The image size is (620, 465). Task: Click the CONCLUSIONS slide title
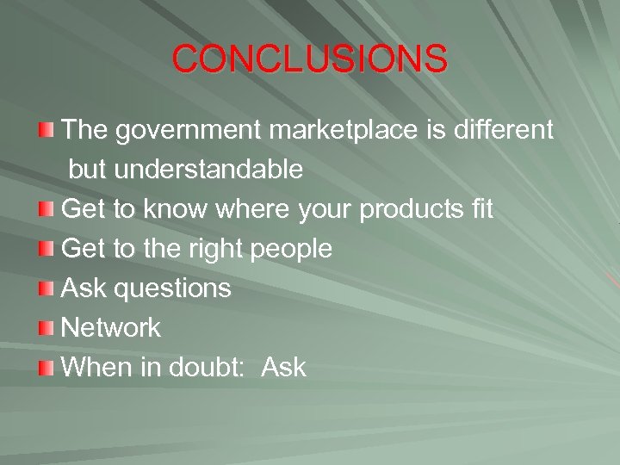tap(310, 59)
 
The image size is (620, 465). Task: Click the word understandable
tap(208, 170)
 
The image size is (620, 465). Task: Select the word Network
tap(111, 327)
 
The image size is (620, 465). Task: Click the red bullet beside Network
tap(46, 328)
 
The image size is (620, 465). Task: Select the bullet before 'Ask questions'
tap(46, 288)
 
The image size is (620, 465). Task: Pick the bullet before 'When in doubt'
tap(46, 368)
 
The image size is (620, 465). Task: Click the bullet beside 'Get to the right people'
tap(46, 249)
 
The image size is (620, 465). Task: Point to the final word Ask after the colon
tap(283, 367)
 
